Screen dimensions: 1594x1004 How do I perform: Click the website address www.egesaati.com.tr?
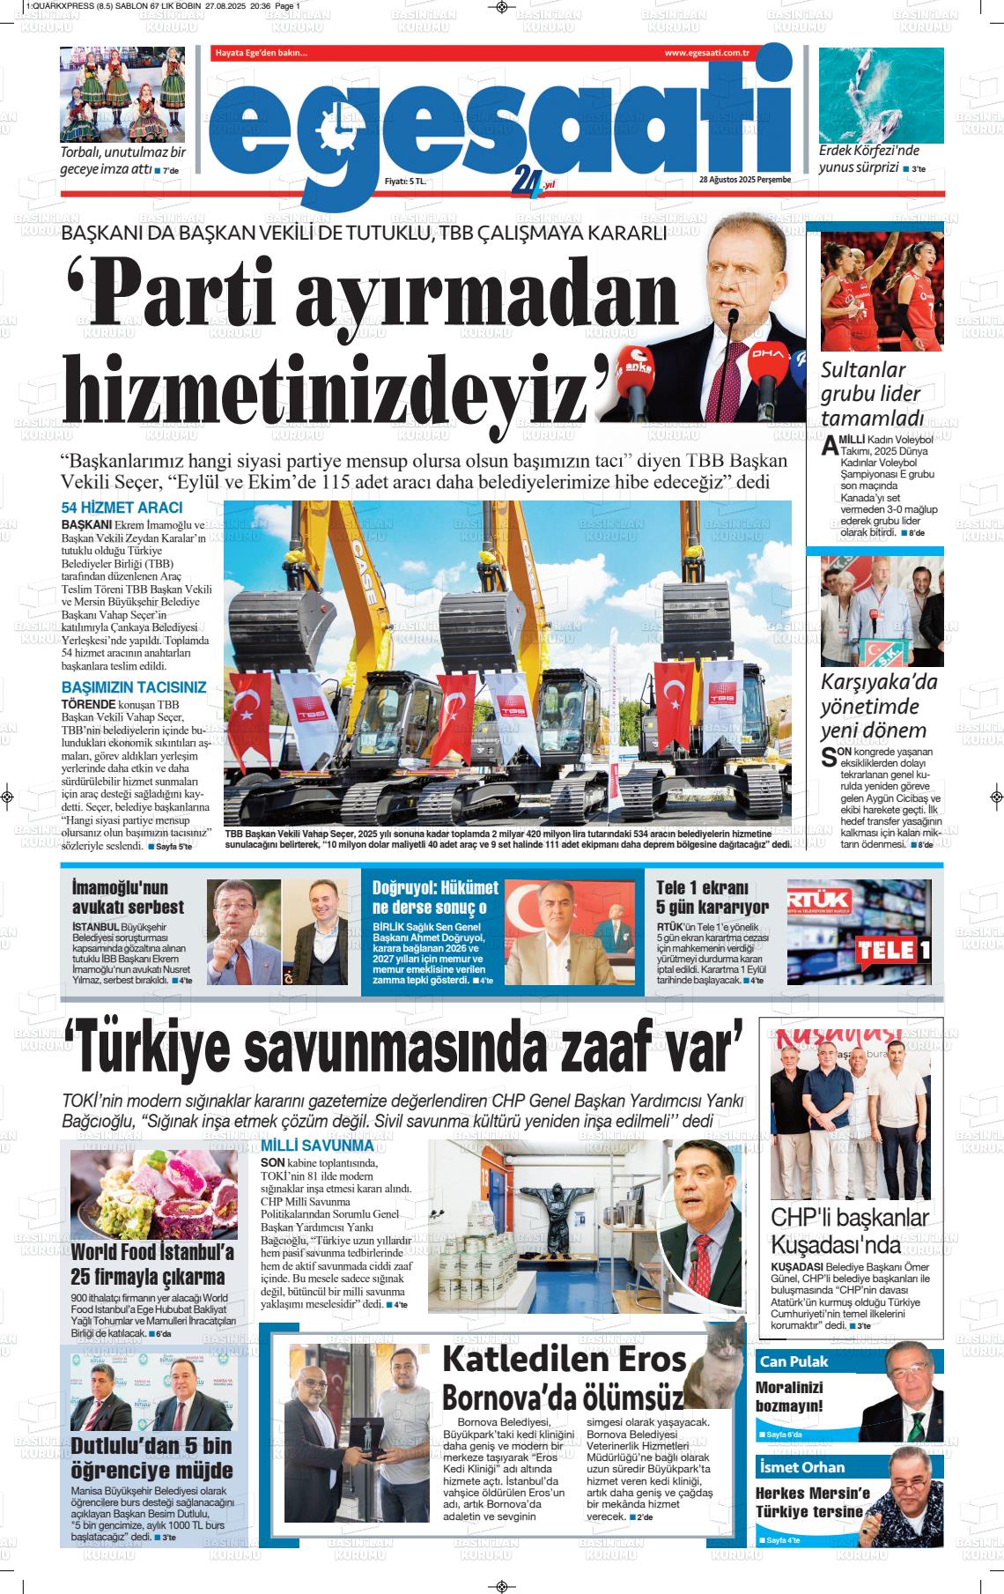pos(706,54)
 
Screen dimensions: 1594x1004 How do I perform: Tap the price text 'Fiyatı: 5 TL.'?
pos(406,181)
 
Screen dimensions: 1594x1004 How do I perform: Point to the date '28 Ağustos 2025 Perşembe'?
pos(745,180)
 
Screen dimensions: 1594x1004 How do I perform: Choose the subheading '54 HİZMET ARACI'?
pos(122,508)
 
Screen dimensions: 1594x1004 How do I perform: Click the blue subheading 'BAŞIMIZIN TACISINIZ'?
pos(133,687)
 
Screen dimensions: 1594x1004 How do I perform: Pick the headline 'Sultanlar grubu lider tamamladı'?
pos(871,394)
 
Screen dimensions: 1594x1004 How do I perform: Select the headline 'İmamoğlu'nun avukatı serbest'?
pos(128,897)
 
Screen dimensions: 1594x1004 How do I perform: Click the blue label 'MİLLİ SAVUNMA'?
pos(317,1146)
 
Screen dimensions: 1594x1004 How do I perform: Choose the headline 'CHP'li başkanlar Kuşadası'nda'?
pos(850,1231)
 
